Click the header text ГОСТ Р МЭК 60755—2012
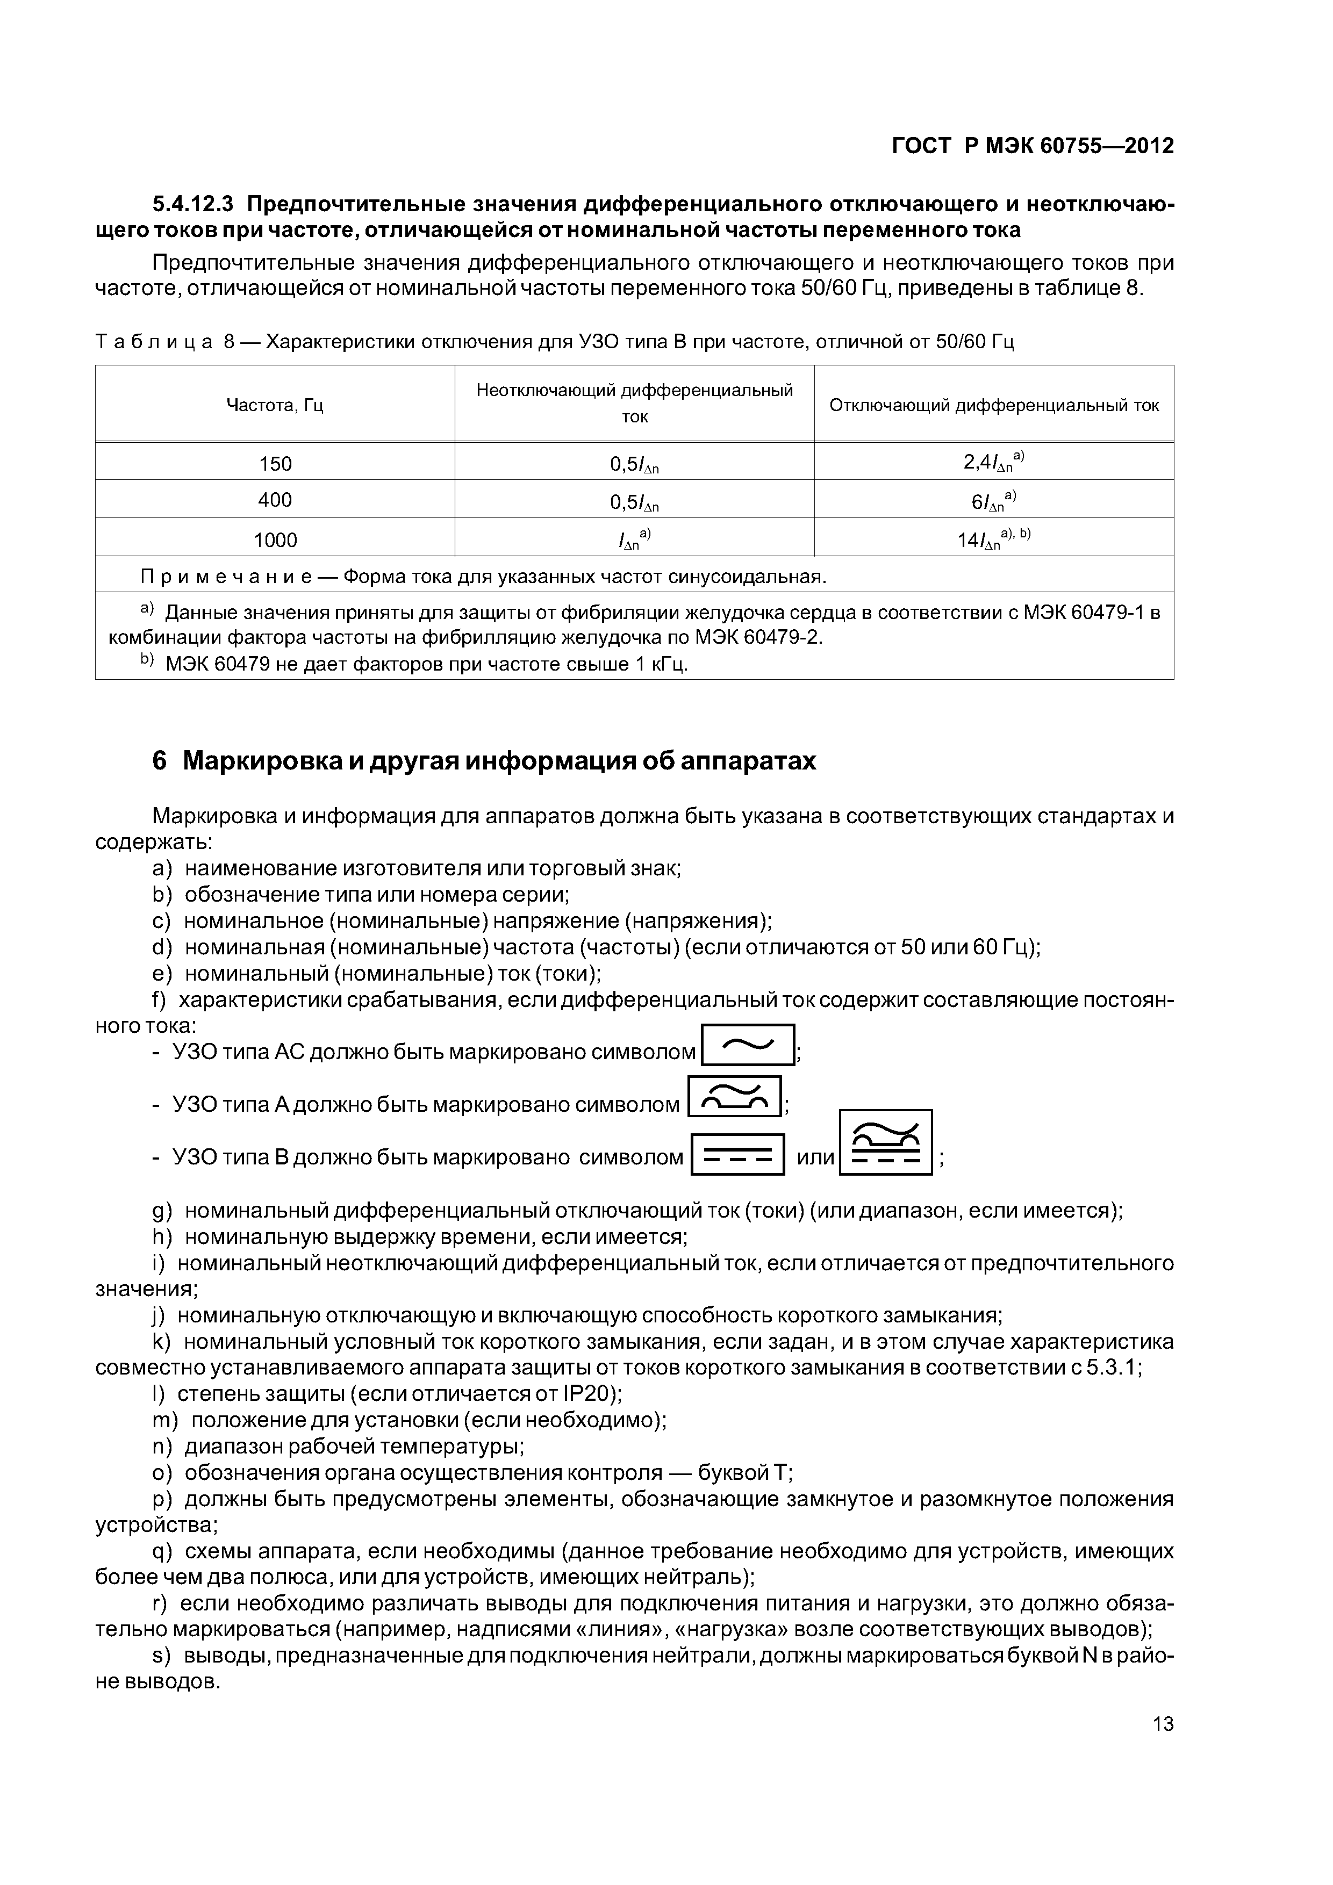(1033, 146)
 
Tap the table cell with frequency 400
(275, 500)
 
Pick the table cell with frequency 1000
(275, 540)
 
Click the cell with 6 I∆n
(994, 500)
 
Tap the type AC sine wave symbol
(748, 1045)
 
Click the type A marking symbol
(734, 1097)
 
